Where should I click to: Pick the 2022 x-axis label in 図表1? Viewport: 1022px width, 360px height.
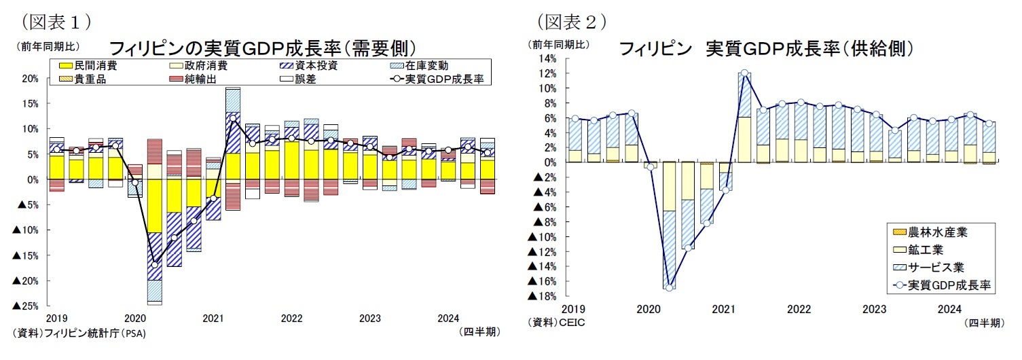[291, 319]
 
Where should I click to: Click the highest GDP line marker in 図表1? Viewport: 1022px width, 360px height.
[232, 118]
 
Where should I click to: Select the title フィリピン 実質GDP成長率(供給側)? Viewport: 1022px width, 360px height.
[765, 48]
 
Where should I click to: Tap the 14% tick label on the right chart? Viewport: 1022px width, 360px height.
[547, 59]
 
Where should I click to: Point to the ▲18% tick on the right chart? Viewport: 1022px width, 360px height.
[543, 297]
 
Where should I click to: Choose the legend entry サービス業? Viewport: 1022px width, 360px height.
[939, 268]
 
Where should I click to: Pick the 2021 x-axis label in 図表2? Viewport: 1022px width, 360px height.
[724, 310]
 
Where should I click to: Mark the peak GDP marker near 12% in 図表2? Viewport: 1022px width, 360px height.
[744, 73]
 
